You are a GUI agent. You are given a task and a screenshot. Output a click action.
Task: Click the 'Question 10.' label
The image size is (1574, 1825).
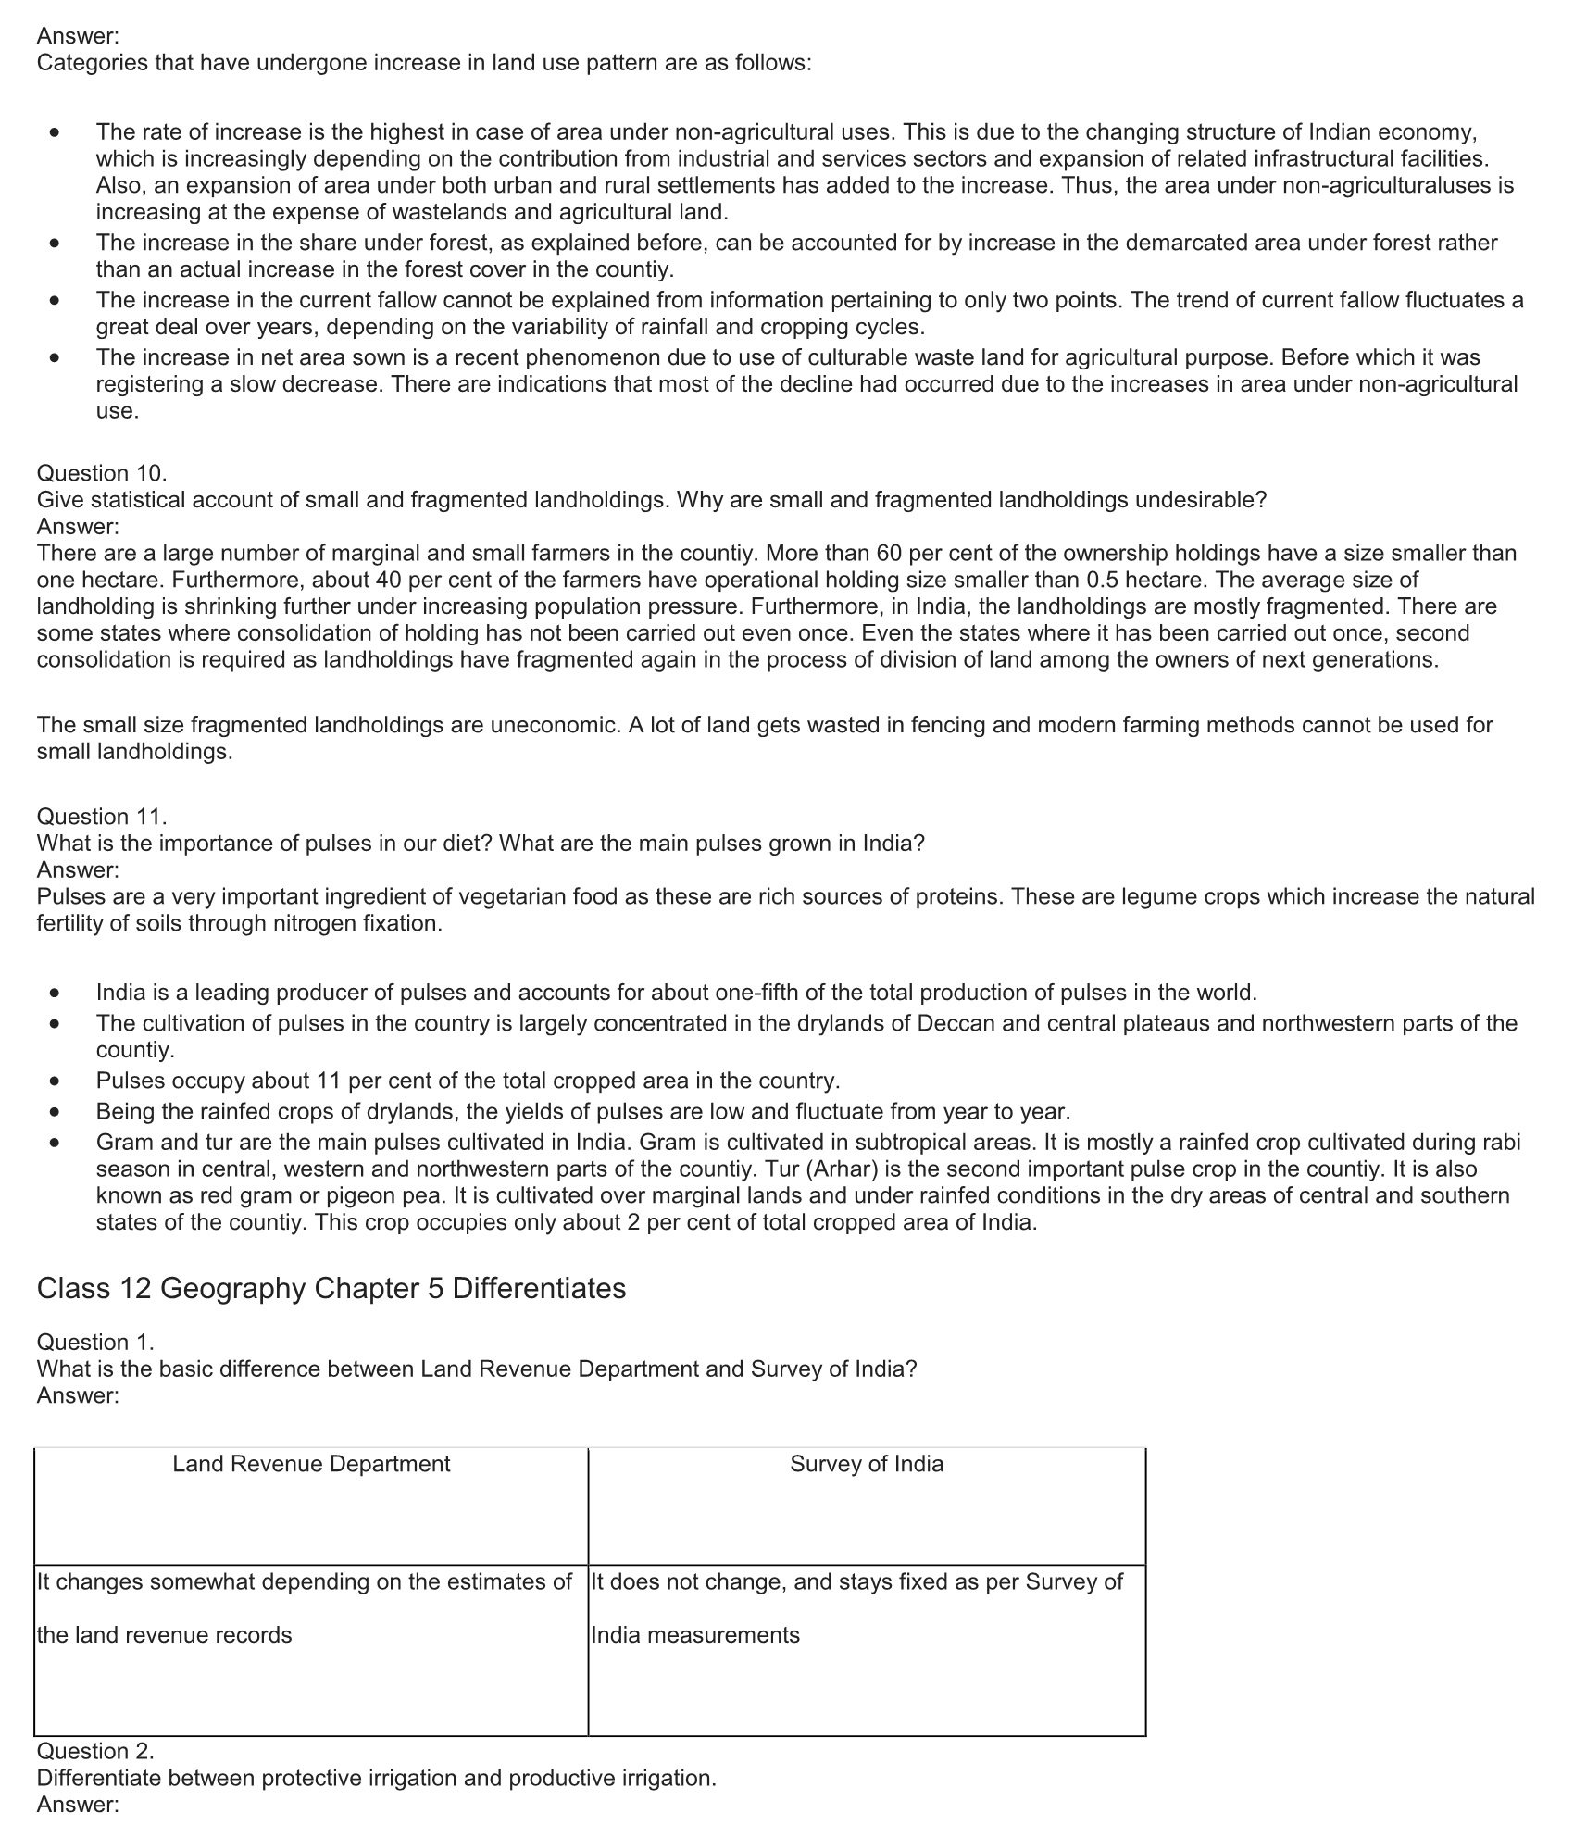[x=102, y=473]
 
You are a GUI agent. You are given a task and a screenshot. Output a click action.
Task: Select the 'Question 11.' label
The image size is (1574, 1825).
[x=102, y=817]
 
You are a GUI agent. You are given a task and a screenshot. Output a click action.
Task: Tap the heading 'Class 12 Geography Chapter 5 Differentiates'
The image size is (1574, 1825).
[x=331, y=1288]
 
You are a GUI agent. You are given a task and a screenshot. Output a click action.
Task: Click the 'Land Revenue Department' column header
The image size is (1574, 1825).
[x=311, y=1464]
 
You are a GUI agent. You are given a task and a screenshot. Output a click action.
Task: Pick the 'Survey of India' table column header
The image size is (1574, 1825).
[x=867, y=1464]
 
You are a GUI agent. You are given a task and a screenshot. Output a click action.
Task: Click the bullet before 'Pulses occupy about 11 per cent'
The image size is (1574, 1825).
[x=56, y=1081]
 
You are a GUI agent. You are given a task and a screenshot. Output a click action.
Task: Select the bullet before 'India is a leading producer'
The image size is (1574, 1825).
[x=56, y=994]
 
